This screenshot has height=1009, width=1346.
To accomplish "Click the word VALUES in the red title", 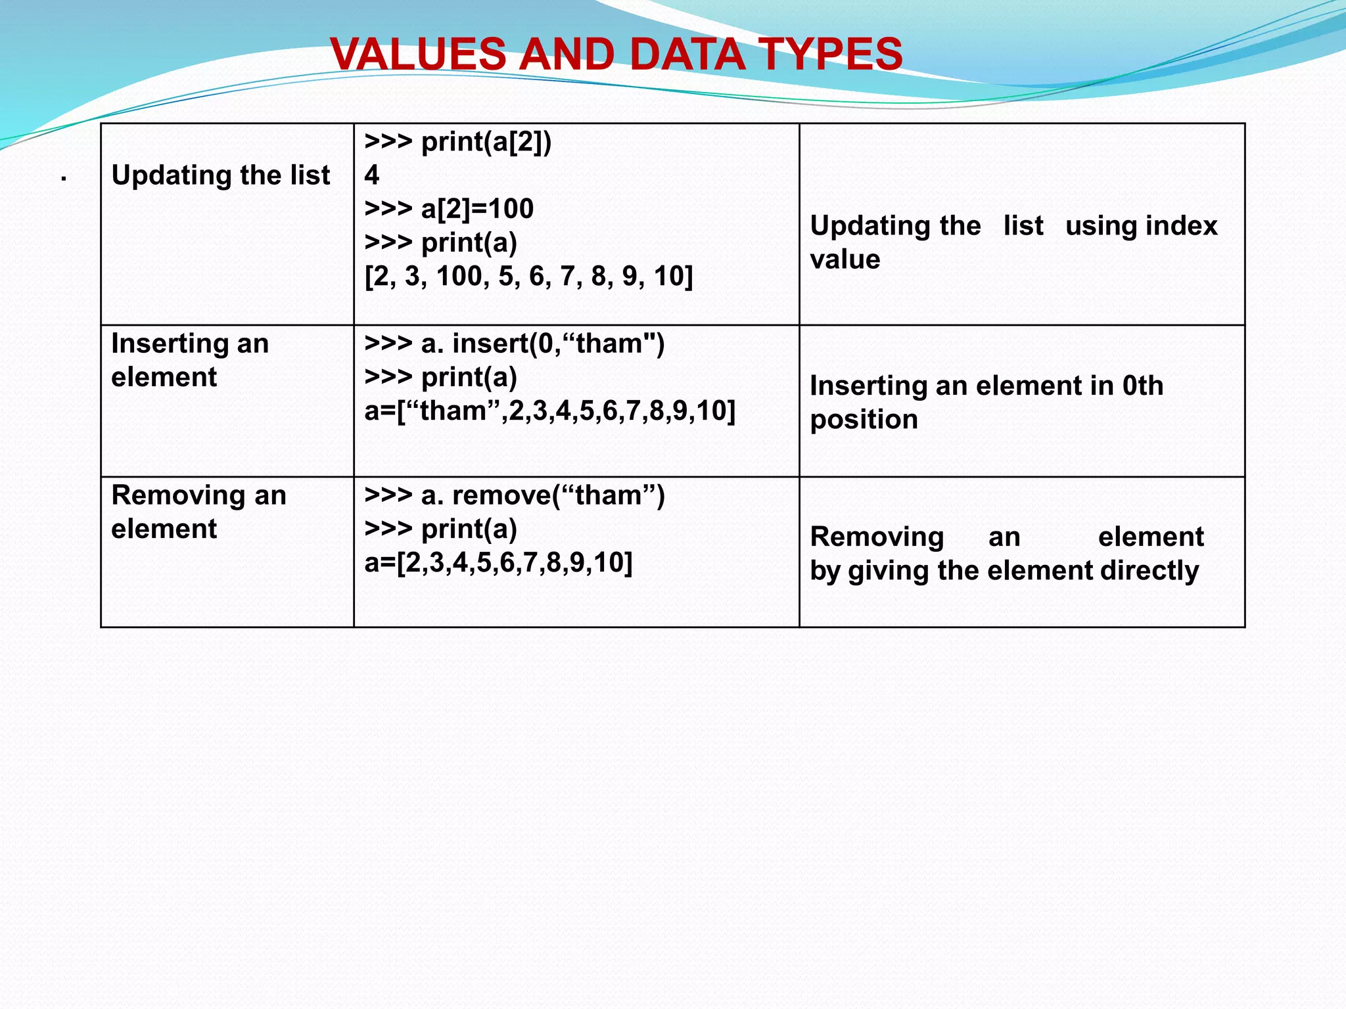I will click(x=418, y=54).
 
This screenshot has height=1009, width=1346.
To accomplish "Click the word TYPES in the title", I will click(x=831, y=54).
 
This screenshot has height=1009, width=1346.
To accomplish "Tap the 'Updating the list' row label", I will click(x=221, y=175).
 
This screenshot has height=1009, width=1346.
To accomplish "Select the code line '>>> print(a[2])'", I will click(x=458, y=142).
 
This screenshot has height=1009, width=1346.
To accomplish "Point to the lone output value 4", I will click(x=372, y=175).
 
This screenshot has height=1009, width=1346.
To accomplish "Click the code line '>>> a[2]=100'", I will click(x=449, y=209).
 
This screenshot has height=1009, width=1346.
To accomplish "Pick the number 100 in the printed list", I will click(x=459, y=277).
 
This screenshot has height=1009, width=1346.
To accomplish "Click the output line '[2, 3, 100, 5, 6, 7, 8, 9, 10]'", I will click(x=528, y=277).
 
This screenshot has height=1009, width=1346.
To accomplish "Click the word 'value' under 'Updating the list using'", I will click(x=845, y=259).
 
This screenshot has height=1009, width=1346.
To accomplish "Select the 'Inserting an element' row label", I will click(x=190, y=360).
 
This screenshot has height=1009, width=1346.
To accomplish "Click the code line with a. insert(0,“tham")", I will click(x=515, y=344).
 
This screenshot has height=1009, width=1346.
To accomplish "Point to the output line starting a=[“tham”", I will click(x=549, y=411).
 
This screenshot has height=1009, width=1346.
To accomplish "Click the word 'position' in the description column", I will click(x=864, y=420).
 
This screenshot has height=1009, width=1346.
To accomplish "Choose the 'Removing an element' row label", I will click(x=198, y=512).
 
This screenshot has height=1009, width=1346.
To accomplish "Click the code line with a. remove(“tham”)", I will click(x=515, y=495).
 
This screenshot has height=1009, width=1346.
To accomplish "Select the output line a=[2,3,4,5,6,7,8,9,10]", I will click(x=498, y=563).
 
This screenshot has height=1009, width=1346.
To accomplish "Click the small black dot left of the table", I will click(x=64, y=179).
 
